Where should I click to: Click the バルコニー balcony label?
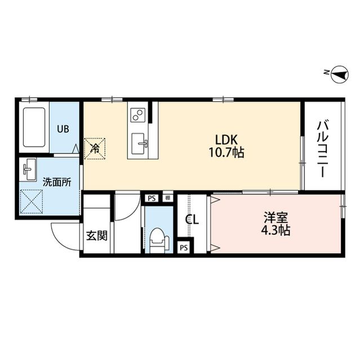[x=323, y=148]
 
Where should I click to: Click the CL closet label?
[x=192, y=220]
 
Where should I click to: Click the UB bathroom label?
[x=62, y=128]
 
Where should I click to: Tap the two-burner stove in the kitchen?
[x=137, y=116]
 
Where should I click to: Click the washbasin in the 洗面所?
[x=28, y=169]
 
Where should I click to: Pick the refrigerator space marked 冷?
[x=95, y=148]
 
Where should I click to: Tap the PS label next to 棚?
[x=151, y=198]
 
